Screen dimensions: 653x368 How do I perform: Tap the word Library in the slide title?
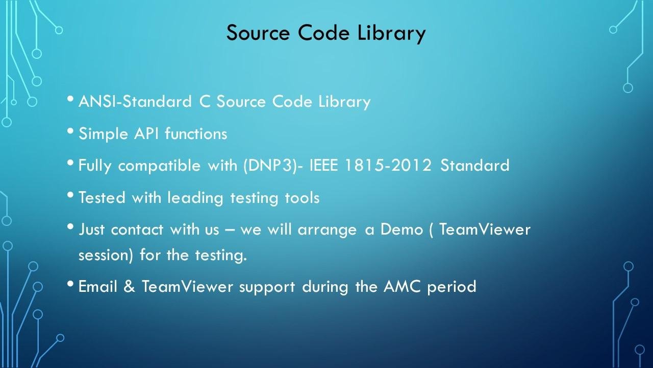coord(391,33)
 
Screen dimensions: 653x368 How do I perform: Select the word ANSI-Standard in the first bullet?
coord(135,101)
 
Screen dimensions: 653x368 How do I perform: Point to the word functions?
coord(196,133)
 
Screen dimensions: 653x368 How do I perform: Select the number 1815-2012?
coord(388,165)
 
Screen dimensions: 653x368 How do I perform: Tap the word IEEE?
coord(323,165)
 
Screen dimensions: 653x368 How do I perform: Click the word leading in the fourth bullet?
coord(195,198)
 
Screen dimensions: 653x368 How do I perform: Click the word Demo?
coord(401,229)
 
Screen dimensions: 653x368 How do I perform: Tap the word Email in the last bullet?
coord(97,286)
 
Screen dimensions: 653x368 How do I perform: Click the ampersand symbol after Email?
coord(129,286)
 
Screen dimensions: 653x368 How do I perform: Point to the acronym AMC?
coord(402,286)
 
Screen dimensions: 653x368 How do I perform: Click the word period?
coord(451,287)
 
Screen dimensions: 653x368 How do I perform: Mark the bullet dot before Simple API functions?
coord(70,131)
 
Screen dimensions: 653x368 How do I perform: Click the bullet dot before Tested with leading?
coord(70,195)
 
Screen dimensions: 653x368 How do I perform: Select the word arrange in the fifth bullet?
coord(327,230)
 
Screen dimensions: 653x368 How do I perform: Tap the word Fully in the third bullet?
coord(95,166)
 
